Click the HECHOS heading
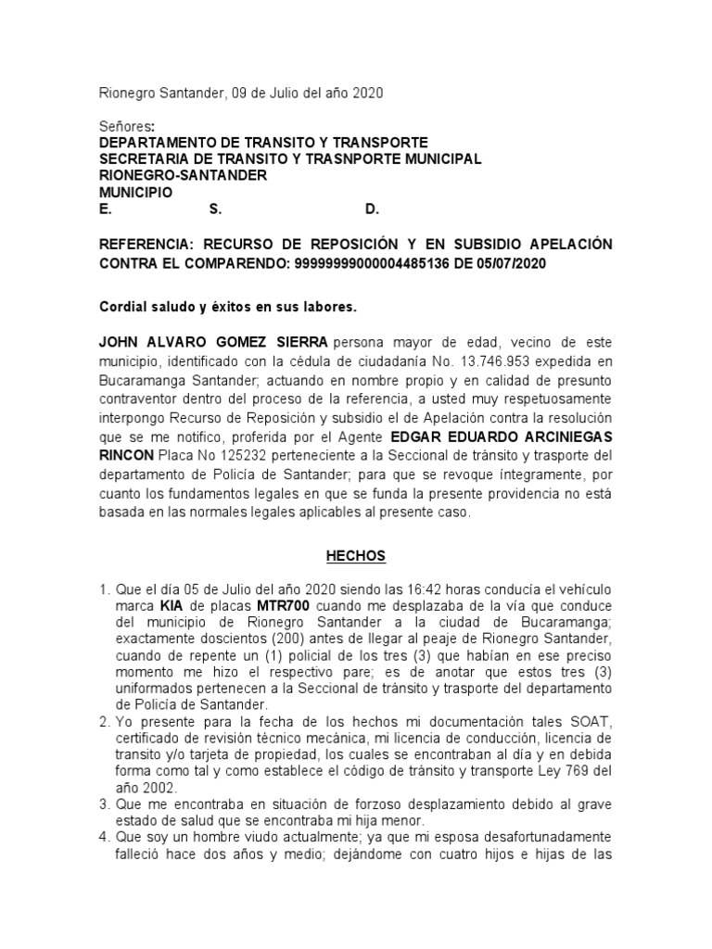[355, 556]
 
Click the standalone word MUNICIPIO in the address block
[135, 193]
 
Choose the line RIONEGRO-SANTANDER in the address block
[183, 176]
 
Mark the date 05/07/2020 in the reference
[511, 263]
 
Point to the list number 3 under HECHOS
[105, 805]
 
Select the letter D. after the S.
[372, 210]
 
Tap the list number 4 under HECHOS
[105, 839]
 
